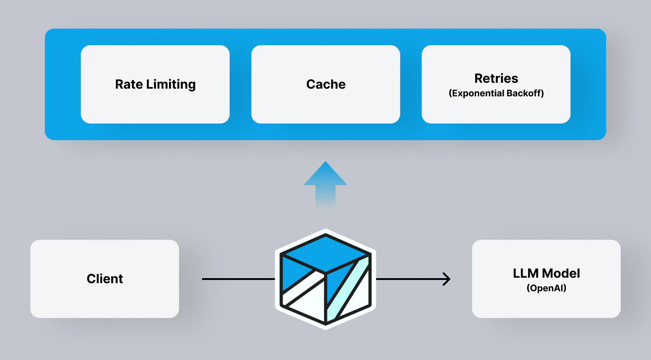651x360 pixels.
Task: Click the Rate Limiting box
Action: click(155, 84)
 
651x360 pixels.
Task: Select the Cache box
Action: click(325, 84)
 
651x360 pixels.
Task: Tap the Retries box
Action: click(496, 84)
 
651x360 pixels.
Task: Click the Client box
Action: click(104, 279)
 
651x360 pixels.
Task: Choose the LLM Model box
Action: click(546, 279)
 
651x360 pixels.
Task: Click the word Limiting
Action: click(175, 85)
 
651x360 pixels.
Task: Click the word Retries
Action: click(496, 78)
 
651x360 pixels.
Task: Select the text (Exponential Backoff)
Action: click(496, 94)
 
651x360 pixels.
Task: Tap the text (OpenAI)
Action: click(546, 288)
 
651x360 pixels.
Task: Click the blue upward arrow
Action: click(325, 181)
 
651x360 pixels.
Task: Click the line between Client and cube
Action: click(238, 279)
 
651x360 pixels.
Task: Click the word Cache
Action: click(325, 85)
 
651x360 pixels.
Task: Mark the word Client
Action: click(104, 279)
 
